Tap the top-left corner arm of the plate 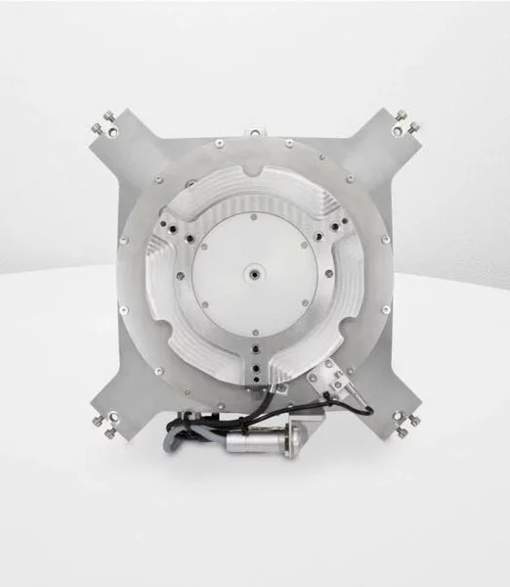pyautogui.click(x=117, y=147)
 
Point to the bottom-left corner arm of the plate pyautogui.click(x=115, y=399)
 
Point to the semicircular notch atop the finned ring pyautogui.click(x=253, y=177)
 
